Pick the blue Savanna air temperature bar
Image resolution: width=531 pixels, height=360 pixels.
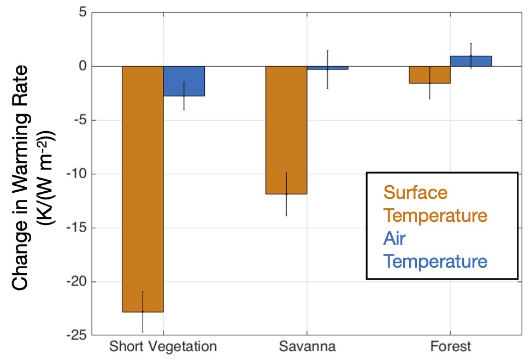click(327, 68)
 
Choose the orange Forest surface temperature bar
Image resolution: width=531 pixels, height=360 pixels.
click(430, 74)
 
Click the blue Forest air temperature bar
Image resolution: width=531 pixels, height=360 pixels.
click(471, 61)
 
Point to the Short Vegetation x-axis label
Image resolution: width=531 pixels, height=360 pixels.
click(163, 346)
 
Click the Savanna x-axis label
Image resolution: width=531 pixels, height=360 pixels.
click(307, 346)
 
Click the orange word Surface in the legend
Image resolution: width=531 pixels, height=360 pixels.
click(415, 192)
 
